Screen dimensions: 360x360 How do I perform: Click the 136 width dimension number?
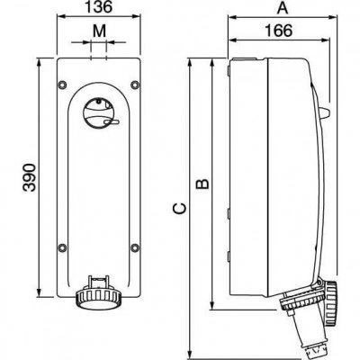99,7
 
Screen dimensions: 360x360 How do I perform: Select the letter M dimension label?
99,31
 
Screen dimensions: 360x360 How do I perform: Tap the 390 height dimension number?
30,177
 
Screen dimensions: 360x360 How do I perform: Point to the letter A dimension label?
283,8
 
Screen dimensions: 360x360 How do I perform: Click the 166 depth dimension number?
279,31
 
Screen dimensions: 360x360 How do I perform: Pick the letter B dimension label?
202,184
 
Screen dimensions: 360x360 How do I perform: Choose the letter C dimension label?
180,209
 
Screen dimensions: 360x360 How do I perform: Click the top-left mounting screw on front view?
62,85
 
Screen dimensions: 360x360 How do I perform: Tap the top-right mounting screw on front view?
135,85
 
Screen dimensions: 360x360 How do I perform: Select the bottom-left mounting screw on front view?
62,247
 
